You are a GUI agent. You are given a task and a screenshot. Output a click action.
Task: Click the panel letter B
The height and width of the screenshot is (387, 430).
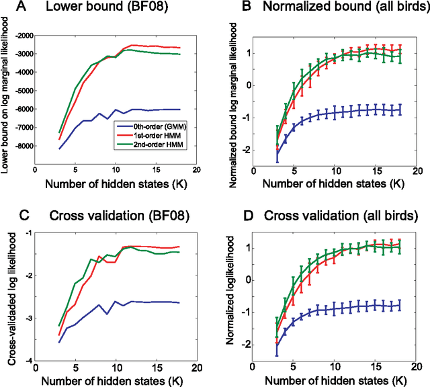228,9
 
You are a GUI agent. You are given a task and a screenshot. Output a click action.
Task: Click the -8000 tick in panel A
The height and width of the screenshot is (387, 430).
24,145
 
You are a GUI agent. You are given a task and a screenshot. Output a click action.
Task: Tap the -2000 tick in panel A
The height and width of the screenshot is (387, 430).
24,34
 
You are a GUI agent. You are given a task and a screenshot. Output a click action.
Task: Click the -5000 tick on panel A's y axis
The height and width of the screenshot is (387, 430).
24,90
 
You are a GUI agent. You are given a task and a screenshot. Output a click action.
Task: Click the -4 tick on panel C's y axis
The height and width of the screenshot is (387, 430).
30,361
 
